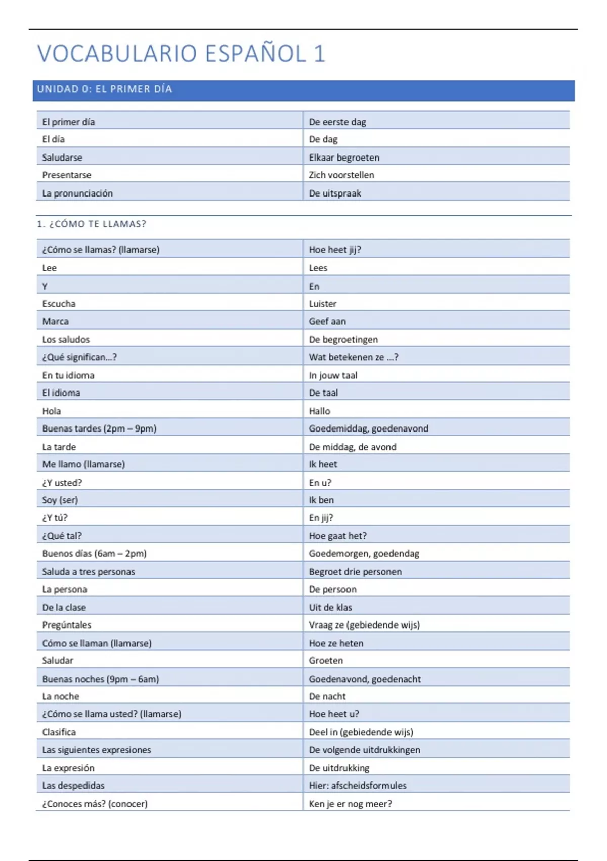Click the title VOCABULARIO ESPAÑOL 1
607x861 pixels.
coord(181,54)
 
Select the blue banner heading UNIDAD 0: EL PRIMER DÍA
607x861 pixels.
coord(105,89)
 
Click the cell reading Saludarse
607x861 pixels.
coord(62,158)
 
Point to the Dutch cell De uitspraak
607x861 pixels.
coord(335,193)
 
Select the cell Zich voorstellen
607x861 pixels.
coord(341,175)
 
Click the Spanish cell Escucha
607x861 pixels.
coord(59,304)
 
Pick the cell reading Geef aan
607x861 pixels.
coord(327,321)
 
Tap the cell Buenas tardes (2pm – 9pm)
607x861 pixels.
coord(99,428)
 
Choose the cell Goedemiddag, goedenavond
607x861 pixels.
coord(368,428)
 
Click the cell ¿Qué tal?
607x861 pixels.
coord(62,536)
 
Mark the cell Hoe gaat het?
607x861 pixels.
coord(337,536)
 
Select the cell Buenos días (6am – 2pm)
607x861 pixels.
coord(94,553)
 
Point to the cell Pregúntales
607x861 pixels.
coord(67,625)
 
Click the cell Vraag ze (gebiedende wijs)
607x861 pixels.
coord(364,625)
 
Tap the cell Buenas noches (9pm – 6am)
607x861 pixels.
coord(100,679)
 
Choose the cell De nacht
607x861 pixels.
coord(327,696)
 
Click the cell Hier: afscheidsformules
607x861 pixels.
coord(358,786)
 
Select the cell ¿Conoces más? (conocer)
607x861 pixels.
coord(95,804)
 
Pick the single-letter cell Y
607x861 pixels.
coord(45,286)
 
